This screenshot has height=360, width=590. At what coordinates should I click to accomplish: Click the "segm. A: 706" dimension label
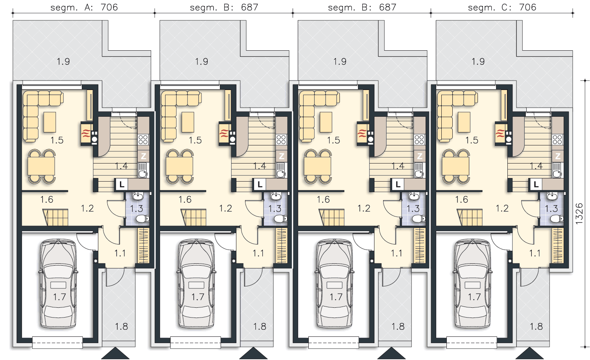(84, 7)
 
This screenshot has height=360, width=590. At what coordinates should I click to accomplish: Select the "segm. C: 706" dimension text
(502, 7)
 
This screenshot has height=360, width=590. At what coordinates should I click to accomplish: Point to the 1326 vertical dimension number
(579, 214)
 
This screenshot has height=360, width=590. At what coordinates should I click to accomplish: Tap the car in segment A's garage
(58, 283)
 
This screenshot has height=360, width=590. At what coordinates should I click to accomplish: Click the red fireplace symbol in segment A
(86, 134)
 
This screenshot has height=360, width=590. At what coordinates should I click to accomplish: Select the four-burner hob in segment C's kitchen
(558, 140)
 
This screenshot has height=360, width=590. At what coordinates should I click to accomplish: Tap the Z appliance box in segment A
(144, 156)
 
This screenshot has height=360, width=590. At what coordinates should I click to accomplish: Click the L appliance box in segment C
(536, 184)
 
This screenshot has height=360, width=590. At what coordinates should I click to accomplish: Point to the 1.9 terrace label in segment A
(63, 62)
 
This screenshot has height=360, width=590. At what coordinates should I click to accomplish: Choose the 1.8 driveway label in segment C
(536, 327)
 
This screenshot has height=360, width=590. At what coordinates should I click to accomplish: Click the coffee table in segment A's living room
(50, 122)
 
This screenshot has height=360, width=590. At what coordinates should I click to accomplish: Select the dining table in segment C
(455, 166)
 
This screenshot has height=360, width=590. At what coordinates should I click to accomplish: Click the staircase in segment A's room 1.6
(56, 217)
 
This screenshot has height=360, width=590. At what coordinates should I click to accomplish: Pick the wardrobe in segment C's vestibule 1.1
(558, 246)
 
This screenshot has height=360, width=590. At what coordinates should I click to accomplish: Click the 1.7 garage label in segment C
(474, 297)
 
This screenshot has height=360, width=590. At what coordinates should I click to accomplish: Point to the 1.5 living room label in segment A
(57, 140)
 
